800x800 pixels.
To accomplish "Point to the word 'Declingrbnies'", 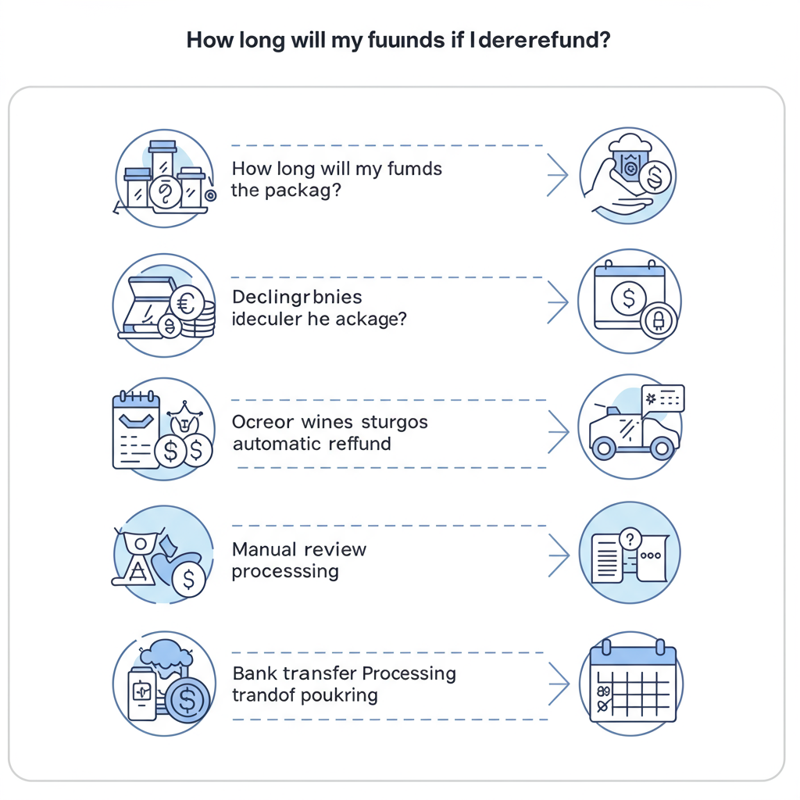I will (297, 298).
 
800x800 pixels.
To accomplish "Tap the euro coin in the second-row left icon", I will (187, 302).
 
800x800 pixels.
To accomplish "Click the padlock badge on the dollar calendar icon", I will (657, 320).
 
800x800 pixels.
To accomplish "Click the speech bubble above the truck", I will (662, 398).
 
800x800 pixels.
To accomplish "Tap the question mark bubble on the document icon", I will (629, 538).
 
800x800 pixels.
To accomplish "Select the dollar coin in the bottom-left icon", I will (187, 698).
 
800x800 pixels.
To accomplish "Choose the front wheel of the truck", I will (603, 448).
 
